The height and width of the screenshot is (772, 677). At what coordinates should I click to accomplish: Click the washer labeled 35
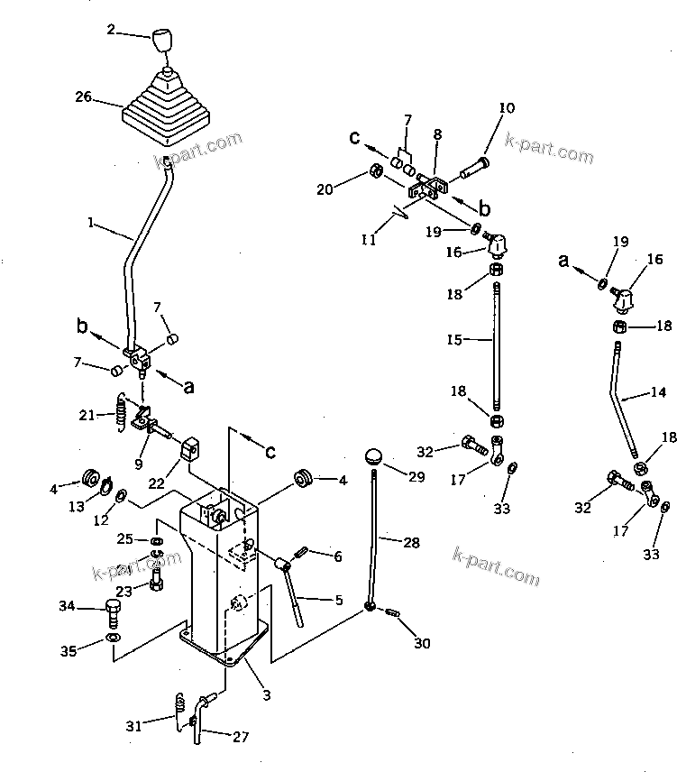click(x=111, y=639)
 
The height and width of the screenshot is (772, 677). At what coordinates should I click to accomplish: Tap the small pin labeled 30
click(x=393, y=615)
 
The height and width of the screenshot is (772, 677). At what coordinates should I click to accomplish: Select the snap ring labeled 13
click(x=105, y=490)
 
